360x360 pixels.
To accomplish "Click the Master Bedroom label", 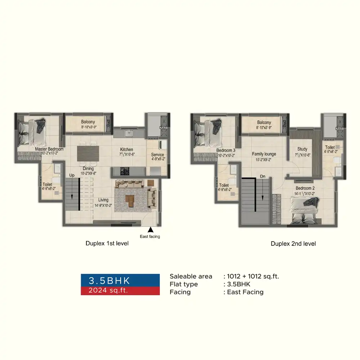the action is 49,149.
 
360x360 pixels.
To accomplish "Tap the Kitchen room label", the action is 126,149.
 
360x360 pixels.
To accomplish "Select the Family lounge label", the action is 264,154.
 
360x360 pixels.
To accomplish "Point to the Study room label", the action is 302,149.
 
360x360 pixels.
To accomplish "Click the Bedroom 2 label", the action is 305,188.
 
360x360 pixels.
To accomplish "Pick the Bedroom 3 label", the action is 226,150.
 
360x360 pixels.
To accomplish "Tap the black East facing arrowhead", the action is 150,230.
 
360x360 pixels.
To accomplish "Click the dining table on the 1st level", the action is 88,154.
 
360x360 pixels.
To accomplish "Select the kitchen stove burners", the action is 125,171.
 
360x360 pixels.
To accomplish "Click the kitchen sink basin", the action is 129,133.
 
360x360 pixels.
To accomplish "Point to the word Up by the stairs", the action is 72,175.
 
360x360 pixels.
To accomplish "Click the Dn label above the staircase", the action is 263,176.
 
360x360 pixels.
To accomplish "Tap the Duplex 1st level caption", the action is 107,243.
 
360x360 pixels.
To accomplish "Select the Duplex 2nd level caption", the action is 293,244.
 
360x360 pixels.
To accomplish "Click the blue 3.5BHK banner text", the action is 109,280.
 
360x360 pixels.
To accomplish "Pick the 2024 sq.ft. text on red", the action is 108,290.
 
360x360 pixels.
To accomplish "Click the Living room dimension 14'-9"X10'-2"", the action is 103,206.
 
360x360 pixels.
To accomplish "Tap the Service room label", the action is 158,154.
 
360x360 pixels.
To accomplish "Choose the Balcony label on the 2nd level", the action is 264,122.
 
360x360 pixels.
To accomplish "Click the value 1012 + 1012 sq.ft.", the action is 253,276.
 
